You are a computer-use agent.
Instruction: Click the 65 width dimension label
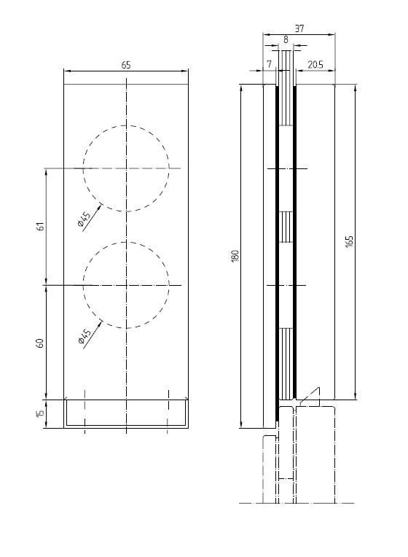click(126, 66)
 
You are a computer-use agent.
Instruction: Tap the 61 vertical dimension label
click(42, 226)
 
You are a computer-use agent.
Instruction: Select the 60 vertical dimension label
click(40, 343)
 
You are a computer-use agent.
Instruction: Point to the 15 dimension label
click(40, 413)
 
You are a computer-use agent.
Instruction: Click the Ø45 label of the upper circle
click(85, 219)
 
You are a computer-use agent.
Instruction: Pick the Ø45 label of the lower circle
click(85, 336)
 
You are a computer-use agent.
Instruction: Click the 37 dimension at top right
click(299, 28)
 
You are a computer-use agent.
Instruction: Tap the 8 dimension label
click(286, 40)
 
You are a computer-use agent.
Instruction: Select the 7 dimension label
click(269, 64)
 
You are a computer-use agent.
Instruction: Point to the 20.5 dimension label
click(315, 65)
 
